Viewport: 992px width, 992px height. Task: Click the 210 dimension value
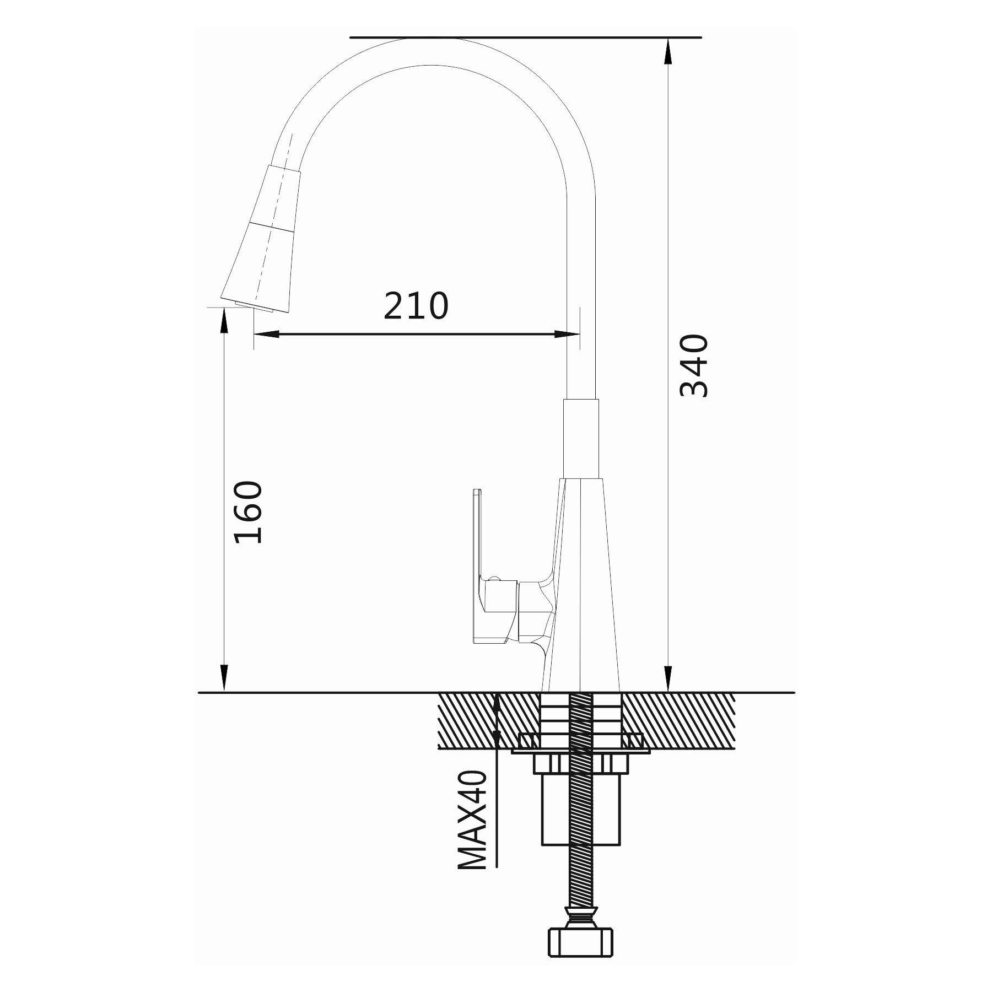tap(416, 306)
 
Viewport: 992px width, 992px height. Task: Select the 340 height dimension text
tap(694, 365)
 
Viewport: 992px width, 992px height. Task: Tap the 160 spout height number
tap(249, 513)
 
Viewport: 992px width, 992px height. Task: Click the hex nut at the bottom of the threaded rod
tap(580, 942)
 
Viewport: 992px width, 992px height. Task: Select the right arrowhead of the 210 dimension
tap(567, 334)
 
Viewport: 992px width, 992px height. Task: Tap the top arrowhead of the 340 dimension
tap(668, 51)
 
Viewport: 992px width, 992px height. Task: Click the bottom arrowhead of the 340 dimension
tap(668, 679)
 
